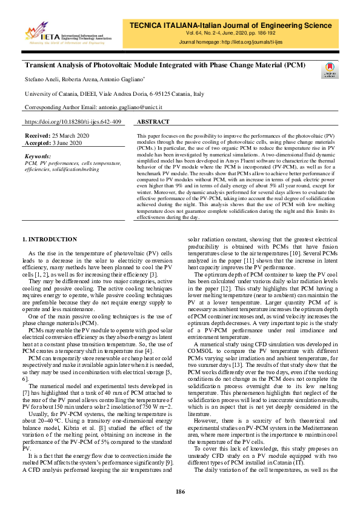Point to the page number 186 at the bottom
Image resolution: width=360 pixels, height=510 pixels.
[x=180, y=491]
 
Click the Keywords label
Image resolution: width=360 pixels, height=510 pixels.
[x=38, y=156]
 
